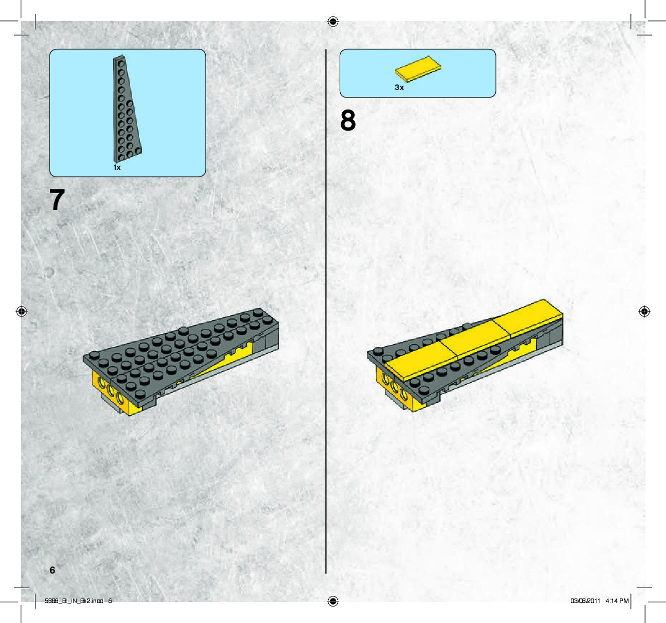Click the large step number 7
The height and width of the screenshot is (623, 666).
point(57,199)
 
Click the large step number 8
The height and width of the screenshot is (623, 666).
point(348,120)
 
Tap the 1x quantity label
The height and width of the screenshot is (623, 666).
point(117,167)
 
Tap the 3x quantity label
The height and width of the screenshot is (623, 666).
point(399,87)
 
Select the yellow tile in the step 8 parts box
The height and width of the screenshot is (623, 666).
point(418,68)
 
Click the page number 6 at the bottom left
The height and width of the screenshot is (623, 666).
point(53,570)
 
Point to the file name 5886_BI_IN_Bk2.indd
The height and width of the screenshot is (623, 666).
point(74,601)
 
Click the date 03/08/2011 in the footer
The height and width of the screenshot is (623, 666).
point(585,601)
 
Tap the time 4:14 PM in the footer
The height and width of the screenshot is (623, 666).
point(617,601)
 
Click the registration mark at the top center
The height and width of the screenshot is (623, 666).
point(333,22)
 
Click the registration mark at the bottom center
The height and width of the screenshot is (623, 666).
point(333,601)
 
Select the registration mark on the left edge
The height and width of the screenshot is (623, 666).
point(22,311)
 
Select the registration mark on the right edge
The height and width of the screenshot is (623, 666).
point(644,311)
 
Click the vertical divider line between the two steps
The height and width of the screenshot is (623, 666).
point(326,311)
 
